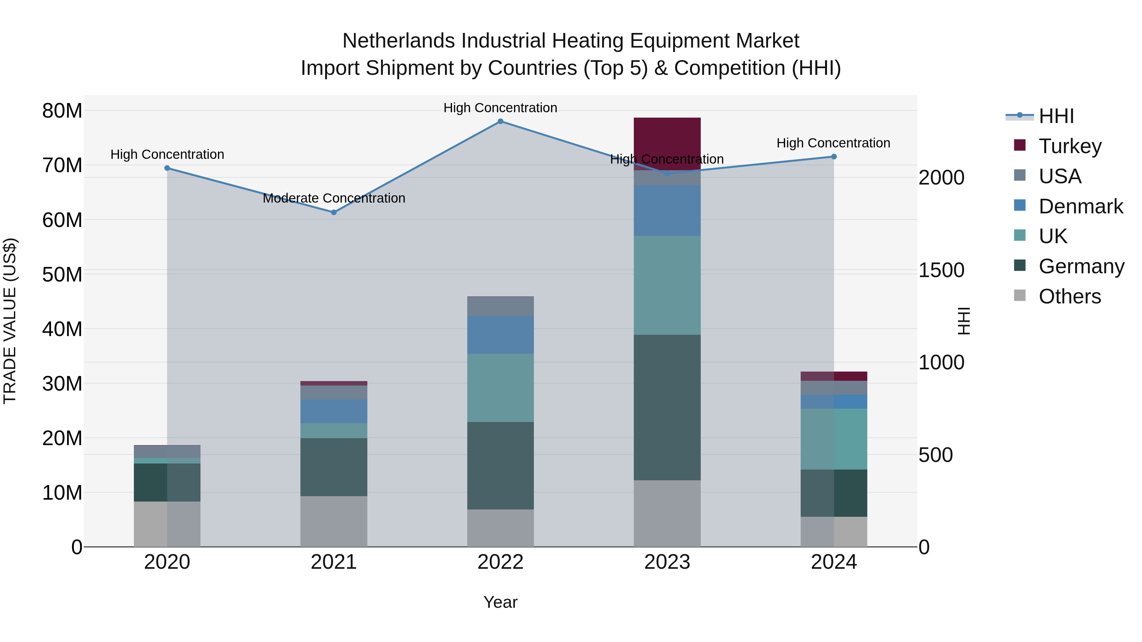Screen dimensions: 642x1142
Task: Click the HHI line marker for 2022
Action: click(501, 121)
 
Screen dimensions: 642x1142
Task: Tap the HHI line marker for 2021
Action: click(334, 212)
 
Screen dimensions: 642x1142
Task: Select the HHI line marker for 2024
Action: click(834, 156)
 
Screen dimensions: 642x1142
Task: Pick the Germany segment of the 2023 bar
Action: click(667, 408)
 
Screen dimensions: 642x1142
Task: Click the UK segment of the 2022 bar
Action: click(501, 388)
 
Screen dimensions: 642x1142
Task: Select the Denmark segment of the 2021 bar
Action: click(334, 412)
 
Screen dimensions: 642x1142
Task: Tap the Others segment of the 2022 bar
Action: click(501, 528)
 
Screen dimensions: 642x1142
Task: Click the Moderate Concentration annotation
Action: click(334, 198)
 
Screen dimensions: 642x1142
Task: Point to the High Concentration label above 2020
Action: click(167, 154)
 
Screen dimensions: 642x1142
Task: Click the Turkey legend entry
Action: click(1070, 146)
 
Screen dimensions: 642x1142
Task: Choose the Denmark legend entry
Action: click(1080, 206)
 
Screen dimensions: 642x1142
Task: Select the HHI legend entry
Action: click(1056, 116)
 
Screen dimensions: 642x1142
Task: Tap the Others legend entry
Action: click(1069, 296)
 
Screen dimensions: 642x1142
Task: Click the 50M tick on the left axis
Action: click(62, 275)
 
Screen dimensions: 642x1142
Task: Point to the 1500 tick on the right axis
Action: click(941, 270)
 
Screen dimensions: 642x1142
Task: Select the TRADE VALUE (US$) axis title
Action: click(10, 321)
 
